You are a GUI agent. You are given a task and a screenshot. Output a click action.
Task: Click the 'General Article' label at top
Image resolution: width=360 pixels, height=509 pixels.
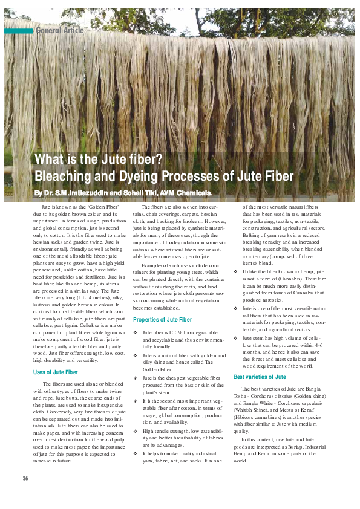point(60,30)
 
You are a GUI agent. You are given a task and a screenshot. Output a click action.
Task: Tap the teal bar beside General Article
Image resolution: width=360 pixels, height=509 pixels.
point(18,30)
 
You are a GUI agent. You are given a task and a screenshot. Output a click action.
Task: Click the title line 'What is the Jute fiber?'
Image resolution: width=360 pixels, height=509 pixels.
point(99,160)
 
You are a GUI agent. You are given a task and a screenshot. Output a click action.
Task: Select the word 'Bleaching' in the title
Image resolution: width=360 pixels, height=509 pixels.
point(65,177)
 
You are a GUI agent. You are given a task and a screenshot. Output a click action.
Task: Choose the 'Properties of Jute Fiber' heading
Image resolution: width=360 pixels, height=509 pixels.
point(162,319)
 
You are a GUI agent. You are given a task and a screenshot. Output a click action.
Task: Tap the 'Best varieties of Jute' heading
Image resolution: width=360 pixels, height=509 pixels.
point(260,377)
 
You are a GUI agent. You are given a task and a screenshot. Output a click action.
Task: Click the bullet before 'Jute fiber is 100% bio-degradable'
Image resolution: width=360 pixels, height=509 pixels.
point(135,332)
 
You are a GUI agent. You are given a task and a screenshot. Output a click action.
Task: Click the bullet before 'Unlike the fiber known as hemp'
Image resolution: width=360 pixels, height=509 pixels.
point(235,272)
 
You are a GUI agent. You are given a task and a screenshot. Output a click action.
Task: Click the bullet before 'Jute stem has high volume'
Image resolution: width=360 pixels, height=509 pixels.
point(235,338)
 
